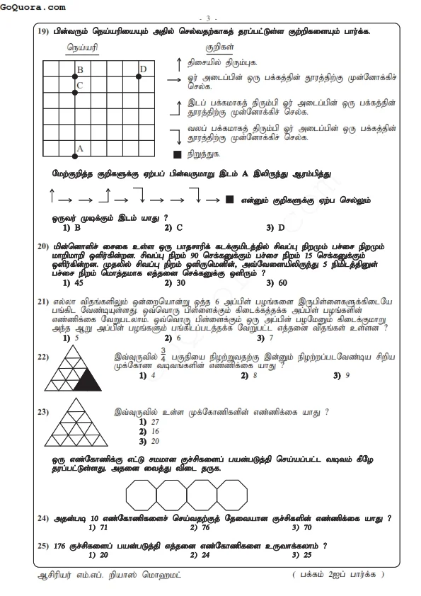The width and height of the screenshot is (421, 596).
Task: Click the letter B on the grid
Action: coord(80,69)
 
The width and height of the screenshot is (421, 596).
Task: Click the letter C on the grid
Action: coord(80,86)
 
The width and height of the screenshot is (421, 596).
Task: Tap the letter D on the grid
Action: coord(143,69)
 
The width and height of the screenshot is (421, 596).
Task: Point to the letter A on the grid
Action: coord(79,149)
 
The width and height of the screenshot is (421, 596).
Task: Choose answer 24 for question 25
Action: coord(181,555)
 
